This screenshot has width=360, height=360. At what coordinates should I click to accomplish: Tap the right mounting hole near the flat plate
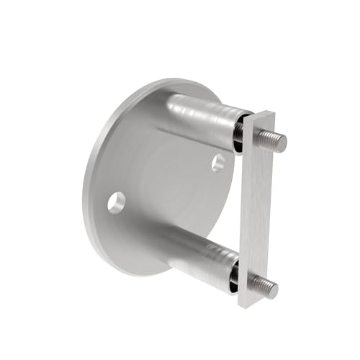(218, 163)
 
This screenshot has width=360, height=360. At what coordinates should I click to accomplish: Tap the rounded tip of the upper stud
(283, 143)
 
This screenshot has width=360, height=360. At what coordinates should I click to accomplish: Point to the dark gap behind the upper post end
(240, 133)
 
